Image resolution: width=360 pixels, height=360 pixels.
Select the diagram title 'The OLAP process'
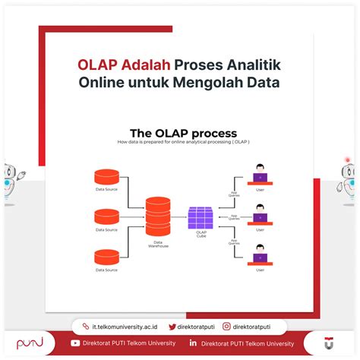point(182,134)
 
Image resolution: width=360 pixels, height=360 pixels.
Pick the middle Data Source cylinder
point(106,216)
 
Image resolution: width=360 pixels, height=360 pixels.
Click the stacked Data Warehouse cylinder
point(158,215)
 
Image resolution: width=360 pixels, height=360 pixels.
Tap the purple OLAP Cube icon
point(201,218)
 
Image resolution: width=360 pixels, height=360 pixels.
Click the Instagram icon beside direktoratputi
point(226,326)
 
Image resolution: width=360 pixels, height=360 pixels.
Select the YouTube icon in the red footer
point(75,343)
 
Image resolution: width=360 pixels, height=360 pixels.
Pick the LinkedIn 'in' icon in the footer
point(194,343)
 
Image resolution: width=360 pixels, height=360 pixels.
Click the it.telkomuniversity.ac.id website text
point(125,326)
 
